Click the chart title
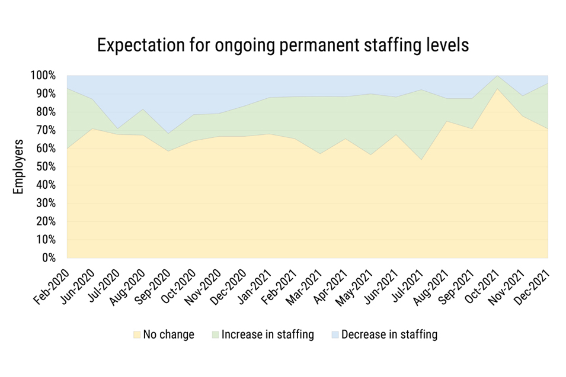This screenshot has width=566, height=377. pyautogui.click(x=283, y=46)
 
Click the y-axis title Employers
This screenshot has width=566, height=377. pyautogui.click(x=18, y=167)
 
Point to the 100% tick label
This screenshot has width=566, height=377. pyautogui.click(x=43, y=76)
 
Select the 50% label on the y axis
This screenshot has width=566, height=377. pyautogui.click(x=46, y=167)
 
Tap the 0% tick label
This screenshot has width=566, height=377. pyautogui.click(x=49, y=258)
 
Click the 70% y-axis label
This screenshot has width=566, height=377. pyautogui.click(x=46, y=130)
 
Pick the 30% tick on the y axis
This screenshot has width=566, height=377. pyautogui.click(x=46, y=203)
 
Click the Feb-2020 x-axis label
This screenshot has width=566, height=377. pyautogui.click(x=51, y=287)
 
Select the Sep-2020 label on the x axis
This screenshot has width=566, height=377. pyautogui.click(x=152, y=287)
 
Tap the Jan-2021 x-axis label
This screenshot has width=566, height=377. pyautogui.click(x=254, y=287)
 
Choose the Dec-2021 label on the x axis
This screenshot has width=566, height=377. pyautogui.click(x=532, y=287)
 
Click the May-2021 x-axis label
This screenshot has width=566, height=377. pyautogui.click(x=355, y=288)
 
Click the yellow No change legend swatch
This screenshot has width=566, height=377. pyautogui.click(x=137, y=334)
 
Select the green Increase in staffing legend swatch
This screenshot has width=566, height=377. pyautogui.click(x=216, y=334)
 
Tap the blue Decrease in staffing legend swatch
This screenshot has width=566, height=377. pyautogui.click(x=335, y=334)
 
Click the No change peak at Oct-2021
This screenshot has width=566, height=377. pyautogui.click(x=497, y=89)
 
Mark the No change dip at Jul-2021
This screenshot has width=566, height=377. pyautogui.click(x=421, y=160)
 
